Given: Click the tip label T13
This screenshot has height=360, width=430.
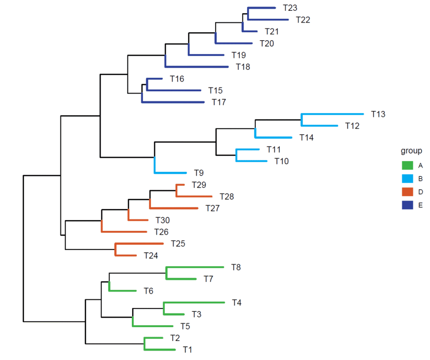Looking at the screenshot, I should click(x=378, y=114).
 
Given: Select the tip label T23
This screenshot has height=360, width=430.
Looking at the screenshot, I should click(x=290, y=8).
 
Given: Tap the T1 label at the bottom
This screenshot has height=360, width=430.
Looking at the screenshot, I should click(x=188, y=350).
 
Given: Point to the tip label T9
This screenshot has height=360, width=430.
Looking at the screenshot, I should click(x=199, y=173).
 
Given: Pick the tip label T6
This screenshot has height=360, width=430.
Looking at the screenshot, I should click(x=149, y=291).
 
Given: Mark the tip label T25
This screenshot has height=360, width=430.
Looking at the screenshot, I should click(x=178, y=243).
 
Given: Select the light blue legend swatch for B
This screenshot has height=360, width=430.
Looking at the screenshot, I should click(x=407, y=178).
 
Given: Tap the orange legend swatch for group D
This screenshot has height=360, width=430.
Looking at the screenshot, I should click(x=407, y=192).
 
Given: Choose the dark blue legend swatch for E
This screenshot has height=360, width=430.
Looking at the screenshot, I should click(x=407, y=205).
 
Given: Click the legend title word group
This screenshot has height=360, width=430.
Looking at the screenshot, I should click(x=411, y=151).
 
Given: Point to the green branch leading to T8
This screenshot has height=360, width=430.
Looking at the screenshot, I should click(x=195, y=267).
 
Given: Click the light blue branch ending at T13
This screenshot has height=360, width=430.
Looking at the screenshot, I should click(x=332, y=114).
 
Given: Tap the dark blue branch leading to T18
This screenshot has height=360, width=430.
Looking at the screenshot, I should click(x=197, y=67).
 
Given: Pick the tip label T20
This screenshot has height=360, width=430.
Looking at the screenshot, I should click(x=266, y=43).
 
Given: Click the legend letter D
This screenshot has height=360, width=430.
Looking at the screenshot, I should click(x=420, y=192).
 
